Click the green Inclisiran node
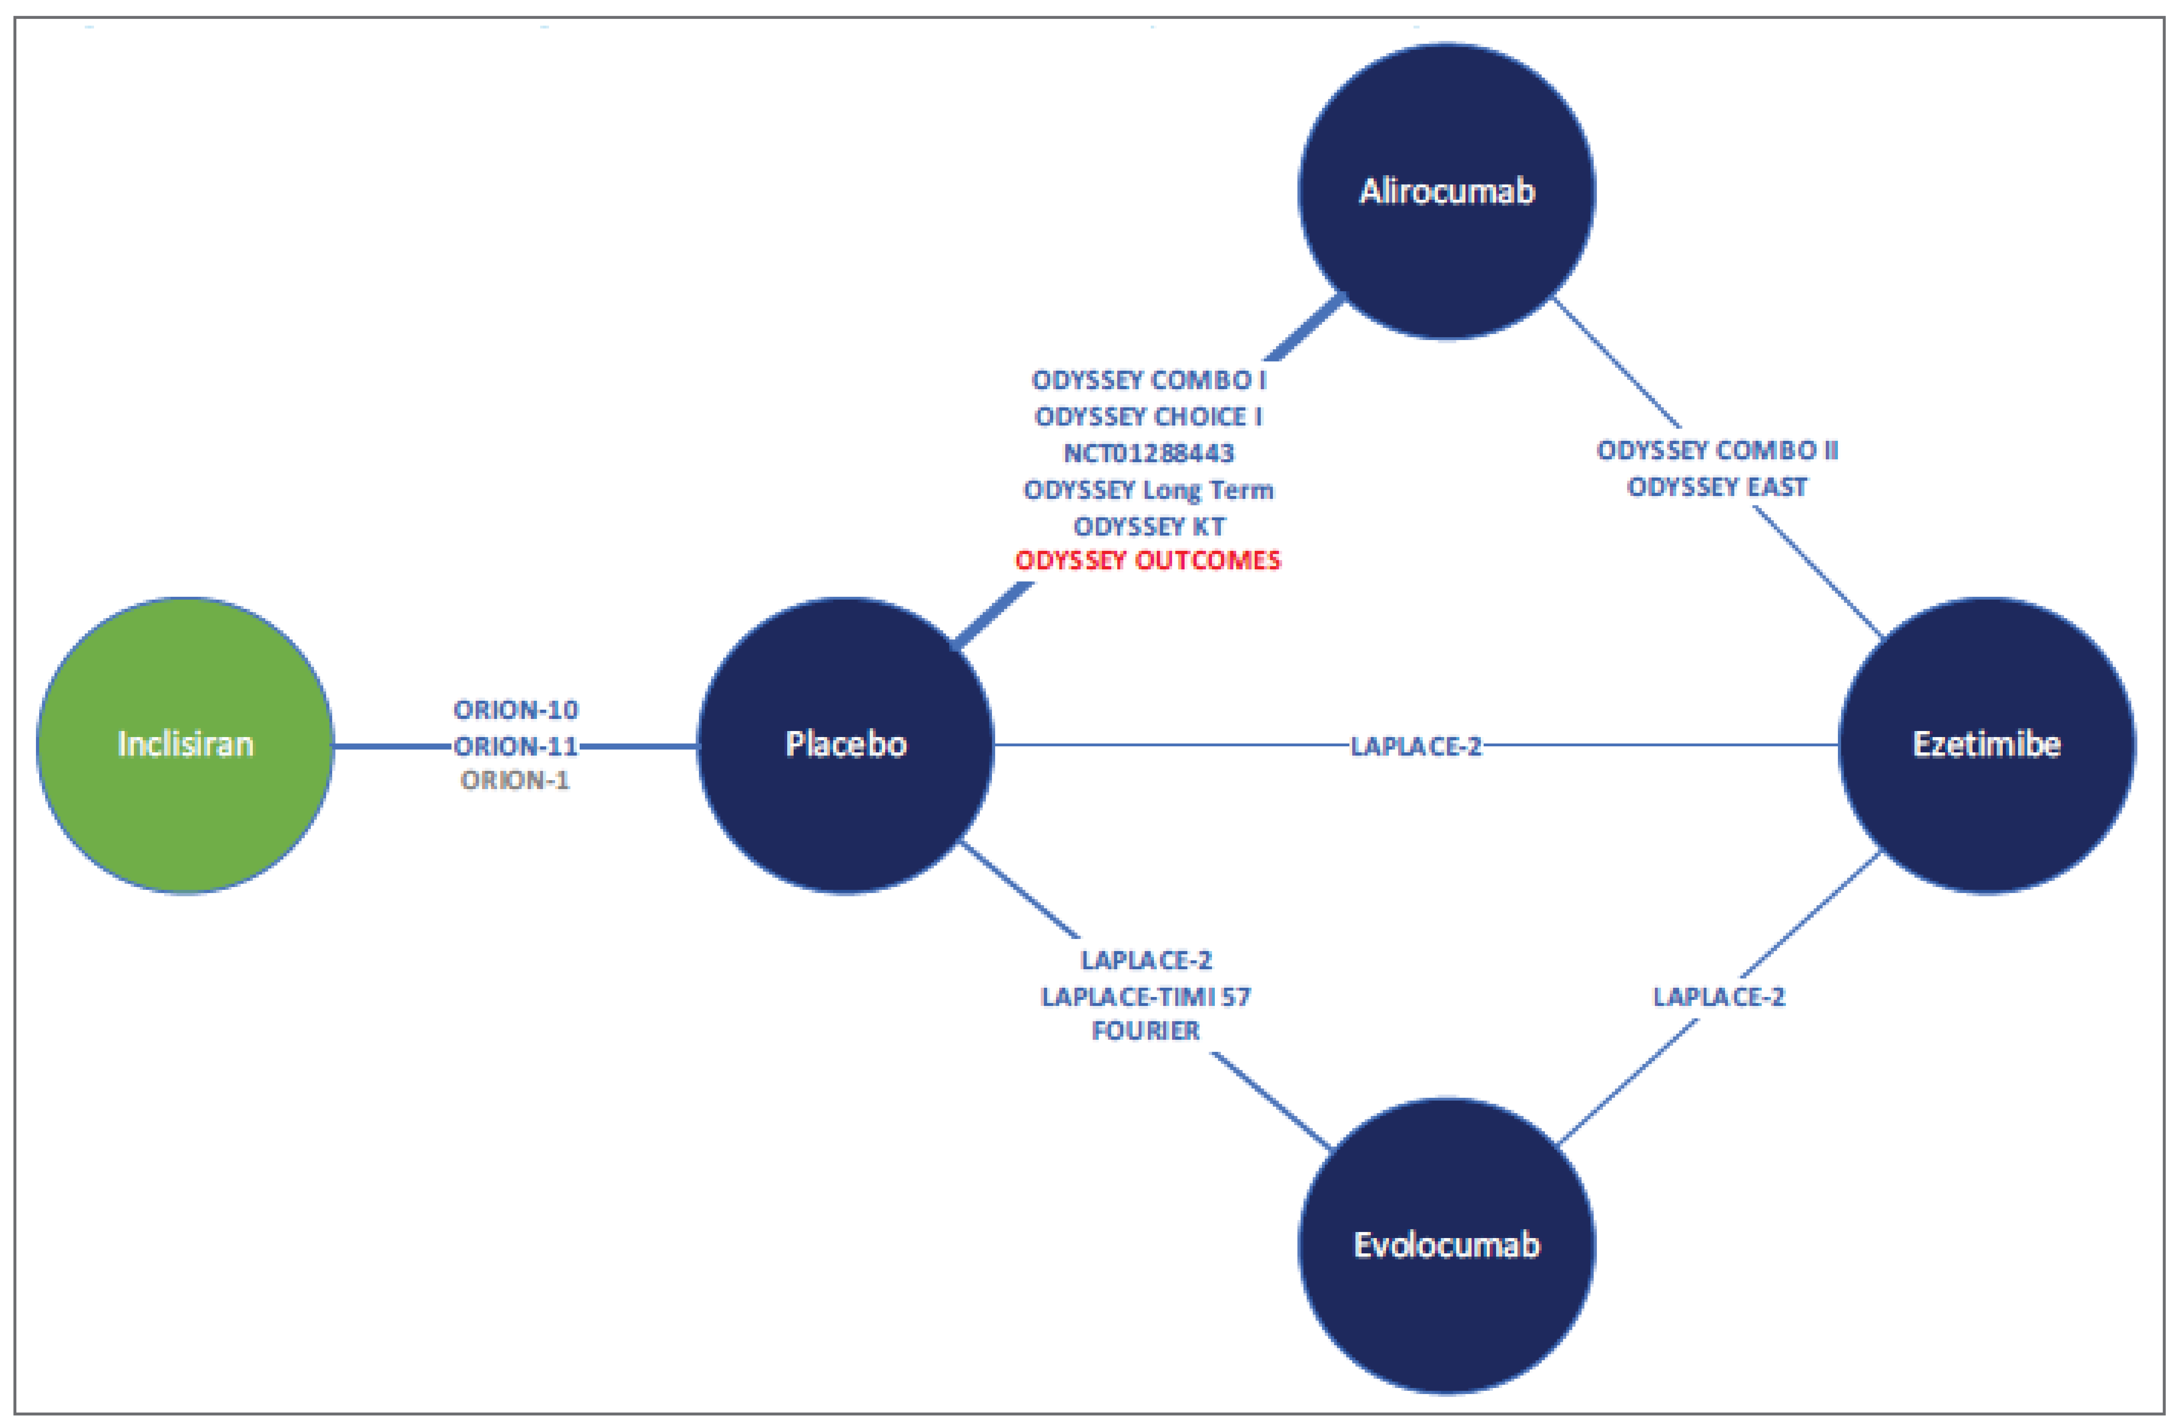[185, 745]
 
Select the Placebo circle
[845, 745]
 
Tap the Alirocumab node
[1447, 190]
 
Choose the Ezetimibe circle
[1987, 745]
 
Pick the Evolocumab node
[1447, 1246]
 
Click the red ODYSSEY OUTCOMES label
[1148, 560]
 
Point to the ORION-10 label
[516, 710]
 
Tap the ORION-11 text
[516, 746]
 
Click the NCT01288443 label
[1148, 453]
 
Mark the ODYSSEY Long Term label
[1148, 490]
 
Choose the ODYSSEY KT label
[1148, 527]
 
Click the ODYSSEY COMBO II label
[1716, 450]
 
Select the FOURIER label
[1145, 1030]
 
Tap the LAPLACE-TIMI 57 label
[1145, 996]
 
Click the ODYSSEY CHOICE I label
[1148, 417]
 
